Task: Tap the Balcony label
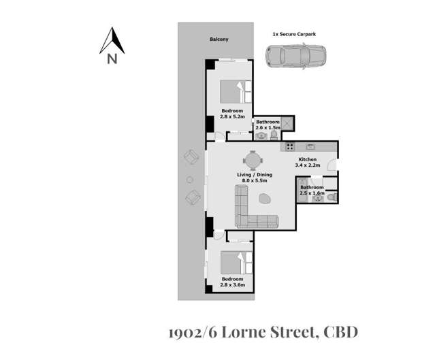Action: tap(219, 39)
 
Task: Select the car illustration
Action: tap(296, 56)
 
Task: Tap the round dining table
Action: tap(253, 161)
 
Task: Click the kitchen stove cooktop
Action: tap(290, 146)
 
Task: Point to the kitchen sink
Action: tap(310, 146)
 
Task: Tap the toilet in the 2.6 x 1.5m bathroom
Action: tap(274, 135)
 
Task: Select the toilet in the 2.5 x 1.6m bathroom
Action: tap(331, 197)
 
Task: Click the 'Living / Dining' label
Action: tap(253, 175)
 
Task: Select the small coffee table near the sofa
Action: tap(265, 199)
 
